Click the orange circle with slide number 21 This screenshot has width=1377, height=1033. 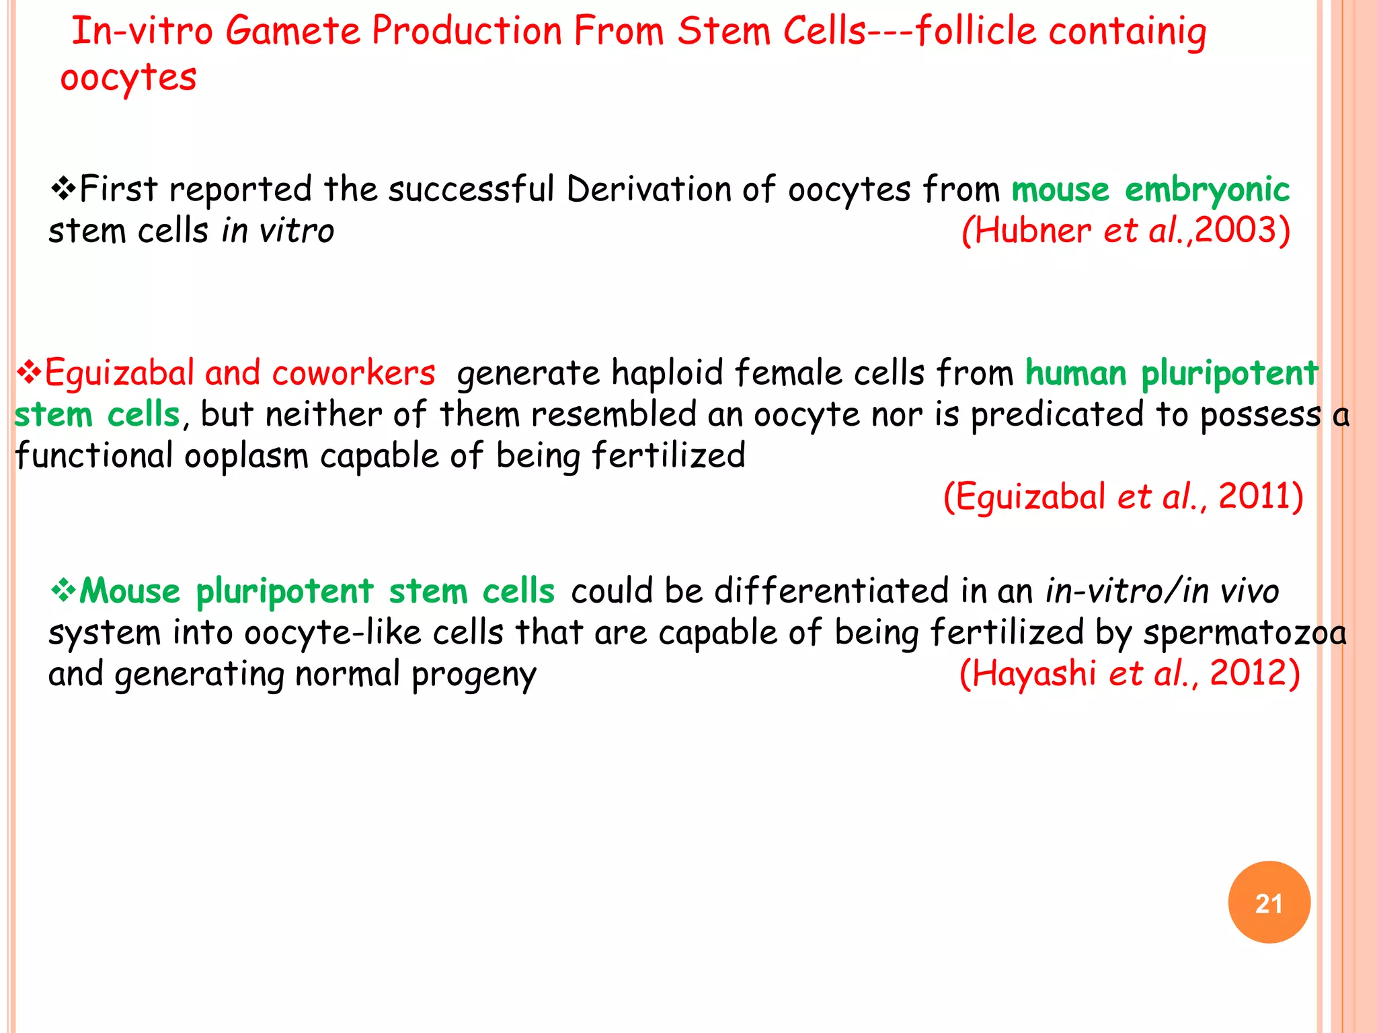tap(1269, 902)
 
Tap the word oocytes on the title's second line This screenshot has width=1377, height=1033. tap(128, 78)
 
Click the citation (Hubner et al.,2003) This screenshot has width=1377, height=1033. tap(1126, 231)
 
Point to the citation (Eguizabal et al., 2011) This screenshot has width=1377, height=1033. tap(1123, 497)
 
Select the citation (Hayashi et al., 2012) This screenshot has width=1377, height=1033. tap(1130, 673)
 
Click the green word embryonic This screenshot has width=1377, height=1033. tap(1207, 190)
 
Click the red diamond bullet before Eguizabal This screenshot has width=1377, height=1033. tap(28, 373)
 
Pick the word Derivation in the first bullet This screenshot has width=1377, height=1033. tap(648, 189)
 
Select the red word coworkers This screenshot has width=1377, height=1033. tap(354, 373)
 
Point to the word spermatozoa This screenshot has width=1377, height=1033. tap(1245, 633)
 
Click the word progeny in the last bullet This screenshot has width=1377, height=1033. tap(474, 675)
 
